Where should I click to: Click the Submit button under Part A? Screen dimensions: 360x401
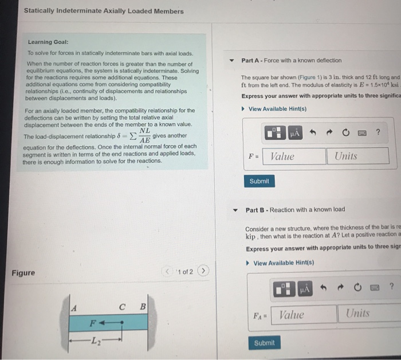pos(259,181)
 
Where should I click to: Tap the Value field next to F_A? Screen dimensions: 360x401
pos(297,314)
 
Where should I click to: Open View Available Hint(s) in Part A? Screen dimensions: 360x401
pos(274,109)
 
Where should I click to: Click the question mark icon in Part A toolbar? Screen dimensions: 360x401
pos(378,133)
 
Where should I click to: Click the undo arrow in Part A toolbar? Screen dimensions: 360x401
pos(314,133)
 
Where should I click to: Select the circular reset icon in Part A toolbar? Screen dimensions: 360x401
pos(346,133)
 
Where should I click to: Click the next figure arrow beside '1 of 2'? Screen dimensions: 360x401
pos(205,271)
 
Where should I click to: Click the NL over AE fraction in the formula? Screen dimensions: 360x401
pos(144,135)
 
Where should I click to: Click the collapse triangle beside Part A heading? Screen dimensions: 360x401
pos(232,60)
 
